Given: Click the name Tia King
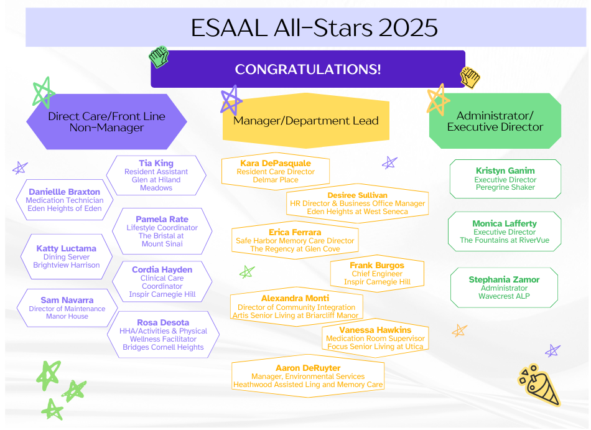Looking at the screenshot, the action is tap(156, 163).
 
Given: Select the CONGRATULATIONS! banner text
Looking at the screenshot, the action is tap(308, 69).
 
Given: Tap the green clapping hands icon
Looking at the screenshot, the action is tap(159, 57).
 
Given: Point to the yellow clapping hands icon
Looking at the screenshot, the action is tap(470, 78).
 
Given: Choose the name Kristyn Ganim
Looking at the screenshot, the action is tap(505, 171).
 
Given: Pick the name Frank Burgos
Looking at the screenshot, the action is tap(377, 265).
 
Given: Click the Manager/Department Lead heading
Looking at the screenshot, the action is tap(305, 121).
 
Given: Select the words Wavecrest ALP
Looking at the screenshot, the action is tap(504, 296).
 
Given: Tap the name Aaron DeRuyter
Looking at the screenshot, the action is tap(308, 368).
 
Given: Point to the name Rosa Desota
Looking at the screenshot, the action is tap(163, 322).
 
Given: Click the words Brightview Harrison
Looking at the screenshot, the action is tap(67, 265).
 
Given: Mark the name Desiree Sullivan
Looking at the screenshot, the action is tap(357, 195).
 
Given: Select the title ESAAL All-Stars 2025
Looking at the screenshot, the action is tap(314, 27).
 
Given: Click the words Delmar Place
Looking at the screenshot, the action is tap(276, 180).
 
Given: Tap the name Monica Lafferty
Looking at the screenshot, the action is tap(505, 223).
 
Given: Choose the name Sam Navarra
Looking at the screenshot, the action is tap(67, 301).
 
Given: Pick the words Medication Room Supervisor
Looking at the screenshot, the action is tap(375, 339).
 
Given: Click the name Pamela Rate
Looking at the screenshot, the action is tap(162, 219).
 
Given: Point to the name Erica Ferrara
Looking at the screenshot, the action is tap(295, 233).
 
